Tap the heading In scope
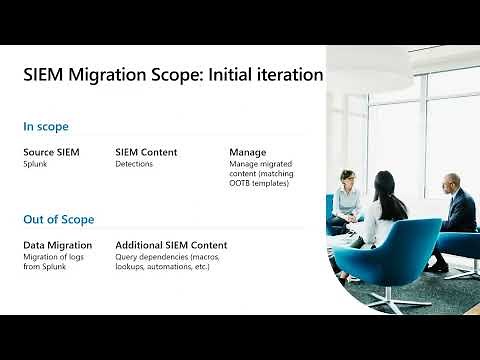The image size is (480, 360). point(46,127)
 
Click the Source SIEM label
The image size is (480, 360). point(52,152)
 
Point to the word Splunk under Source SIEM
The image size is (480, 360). point(37,163)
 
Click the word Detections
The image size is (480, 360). point(134,163)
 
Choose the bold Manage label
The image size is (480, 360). point(248,152)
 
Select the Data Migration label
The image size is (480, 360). point(58,245)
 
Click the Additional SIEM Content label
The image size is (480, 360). point(171,245)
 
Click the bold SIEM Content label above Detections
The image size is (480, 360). point(146,152)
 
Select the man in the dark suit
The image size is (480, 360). point(457,210)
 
